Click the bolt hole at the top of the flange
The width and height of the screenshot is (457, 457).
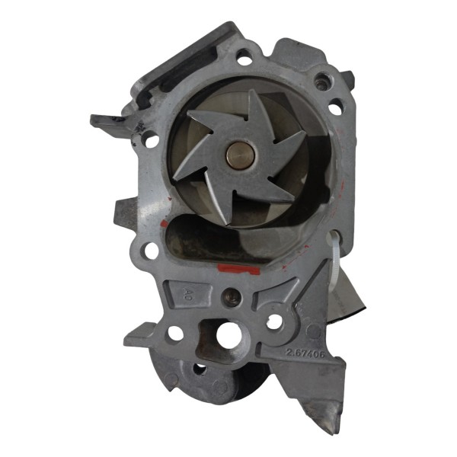point(244,56)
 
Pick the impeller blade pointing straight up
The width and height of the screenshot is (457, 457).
point(251,110)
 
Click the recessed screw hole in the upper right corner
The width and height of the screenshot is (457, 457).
point(324,79)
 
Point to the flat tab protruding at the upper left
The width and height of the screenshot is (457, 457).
point(107,121)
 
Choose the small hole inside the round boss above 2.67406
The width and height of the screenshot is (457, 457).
point(273,321)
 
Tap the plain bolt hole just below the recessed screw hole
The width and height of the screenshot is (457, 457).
point(335,109)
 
